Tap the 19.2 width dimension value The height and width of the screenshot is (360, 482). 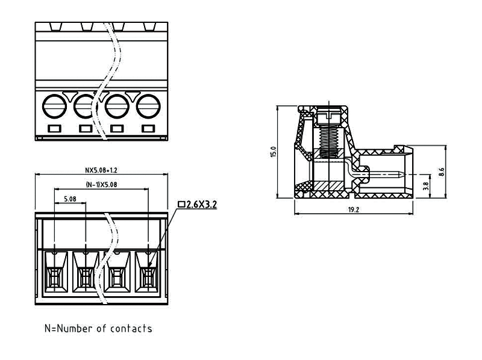353,209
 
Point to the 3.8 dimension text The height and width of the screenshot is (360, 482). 427,187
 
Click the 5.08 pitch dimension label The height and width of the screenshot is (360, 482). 69,199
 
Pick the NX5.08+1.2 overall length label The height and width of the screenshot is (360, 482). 101,170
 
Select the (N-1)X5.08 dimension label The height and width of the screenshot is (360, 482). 101,185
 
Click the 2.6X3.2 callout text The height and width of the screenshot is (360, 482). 201,205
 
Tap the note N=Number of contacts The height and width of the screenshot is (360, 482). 98,329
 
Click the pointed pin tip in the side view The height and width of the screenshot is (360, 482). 401,176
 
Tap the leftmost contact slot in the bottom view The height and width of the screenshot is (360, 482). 54,274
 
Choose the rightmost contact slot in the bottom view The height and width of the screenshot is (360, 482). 148,274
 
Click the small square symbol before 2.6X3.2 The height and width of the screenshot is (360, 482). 181,205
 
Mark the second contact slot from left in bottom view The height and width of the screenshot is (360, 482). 85,274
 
